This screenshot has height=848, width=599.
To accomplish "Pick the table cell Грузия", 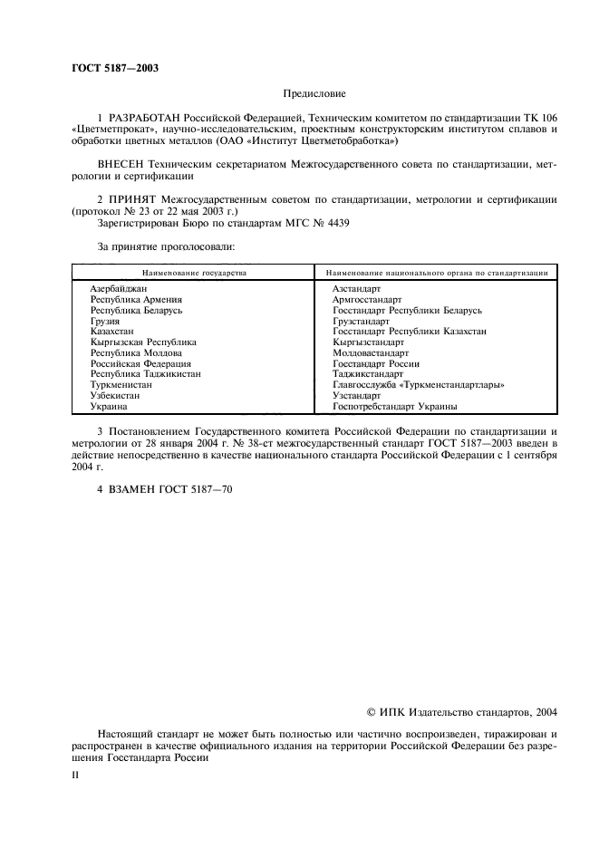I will pyautogui.click(x=105, y=321).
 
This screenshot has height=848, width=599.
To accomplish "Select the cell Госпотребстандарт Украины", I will pyautogui.click(x=394, y=407).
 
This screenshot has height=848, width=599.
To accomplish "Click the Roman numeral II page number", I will pyautogui.click(x=76, y=776).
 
